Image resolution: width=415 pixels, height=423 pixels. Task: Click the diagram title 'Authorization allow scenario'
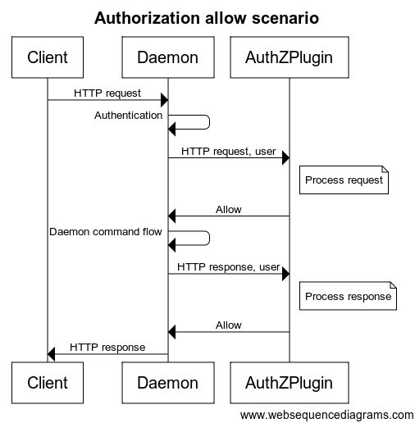207,17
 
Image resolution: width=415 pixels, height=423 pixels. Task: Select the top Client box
48,57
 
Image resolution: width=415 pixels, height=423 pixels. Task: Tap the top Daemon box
167,57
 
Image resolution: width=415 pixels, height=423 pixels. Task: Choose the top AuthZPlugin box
289,57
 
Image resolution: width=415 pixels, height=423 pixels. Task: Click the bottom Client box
48,382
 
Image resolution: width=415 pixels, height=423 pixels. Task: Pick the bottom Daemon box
167,382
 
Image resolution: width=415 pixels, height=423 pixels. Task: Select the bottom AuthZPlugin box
289,382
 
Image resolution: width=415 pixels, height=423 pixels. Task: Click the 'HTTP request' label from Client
107,93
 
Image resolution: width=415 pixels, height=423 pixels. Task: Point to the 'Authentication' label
129,116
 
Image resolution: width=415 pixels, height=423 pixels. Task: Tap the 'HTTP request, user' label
228,151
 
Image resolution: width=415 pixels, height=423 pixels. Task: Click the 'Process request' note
344,180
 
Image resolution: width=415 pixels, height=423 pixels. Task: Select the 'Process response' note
348,296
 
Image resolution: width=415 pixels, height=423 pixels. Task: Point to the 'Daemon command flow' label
106,231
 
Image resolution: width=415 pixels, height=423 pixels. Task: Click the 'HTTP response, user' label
228,267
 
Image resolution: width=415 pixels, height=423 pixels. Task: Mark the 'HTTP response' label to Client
107,347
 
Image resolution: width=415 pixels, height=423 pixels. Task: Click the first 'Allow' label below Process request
228,209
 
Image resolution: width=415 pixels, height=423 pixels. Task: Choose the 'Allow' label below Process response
228,325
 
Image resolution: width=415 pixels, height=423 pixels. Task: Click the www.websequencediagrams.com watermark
326,414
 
